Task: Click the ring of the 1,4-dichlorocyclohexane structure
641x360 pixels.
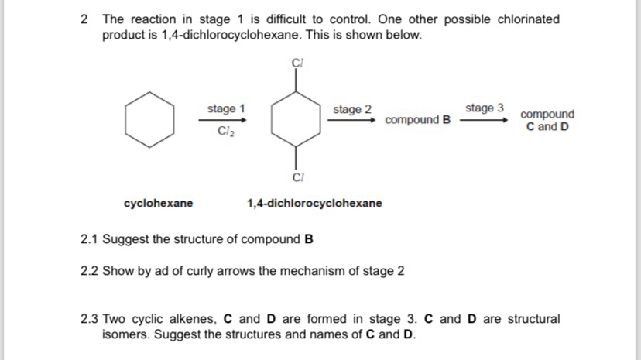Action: (297, 119)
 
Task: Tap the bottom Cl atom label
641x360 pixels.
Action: (297, 177)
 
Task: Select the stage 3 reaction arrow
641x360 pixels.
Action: (484, 120)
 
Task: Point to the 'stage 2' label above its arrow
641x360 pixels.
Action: (352, 109)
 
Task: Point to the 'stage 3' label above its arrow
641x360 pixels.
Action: (484, 108)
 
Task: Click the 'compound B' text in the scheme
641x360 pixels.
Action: (417, 120)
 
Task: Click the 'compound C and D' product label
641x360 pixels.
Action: (547, 120)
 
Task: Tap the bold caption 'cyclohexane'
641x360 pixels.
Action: (159, 203)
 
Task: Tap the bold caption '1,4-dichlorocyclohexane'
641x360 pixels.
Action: (314, 203)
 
